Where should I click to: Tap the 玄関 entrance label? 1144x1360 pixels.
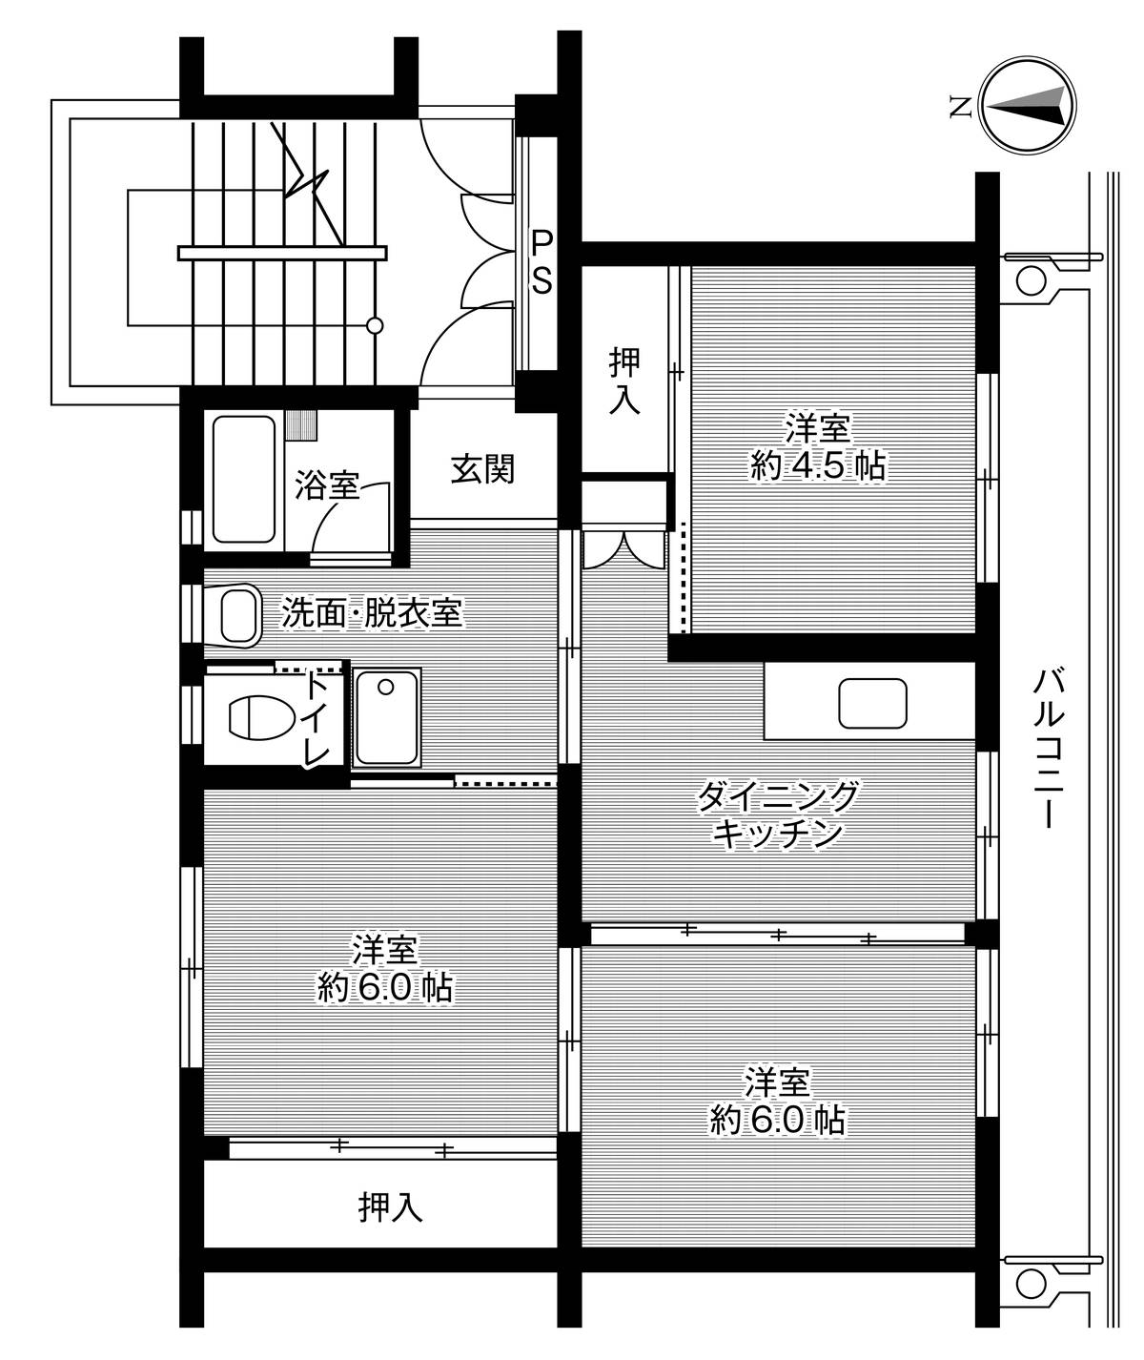tap(483, 469)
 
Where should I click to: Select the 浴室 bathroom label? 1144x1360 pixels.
tap(327, 484)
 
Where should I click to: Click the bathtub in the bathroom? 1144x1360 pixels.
tap(243, 480)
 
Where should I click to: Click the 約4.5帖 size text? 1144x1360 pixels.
tap(818, 465)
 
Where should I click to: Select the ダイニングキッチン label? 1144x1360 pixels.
tap(778, 814)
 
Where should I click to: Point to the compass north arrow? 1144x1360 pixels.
tap(1027, 106)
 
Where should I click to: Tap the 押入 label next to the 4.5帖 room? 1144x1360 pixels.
tap(624, 382)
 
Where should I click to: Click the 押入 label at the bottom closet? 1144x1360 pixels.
tap(391, 1207)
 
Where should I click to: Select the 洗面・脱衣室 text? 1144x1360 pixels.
tap(372, 613)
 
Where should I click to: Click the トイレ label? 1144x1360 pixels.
tap(317, 719)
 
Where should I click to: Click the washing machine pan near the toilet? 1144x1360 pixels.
tap(386, 717)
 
